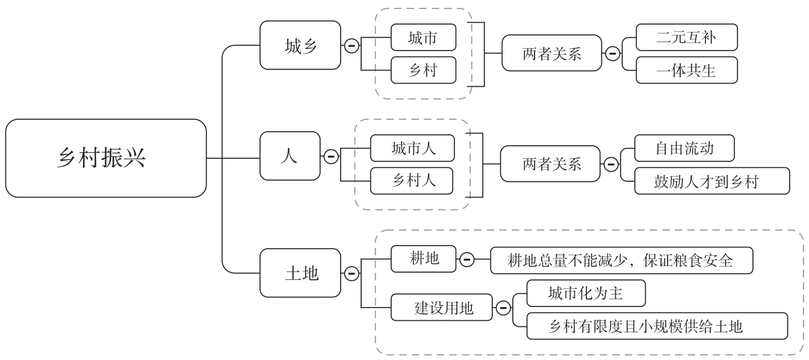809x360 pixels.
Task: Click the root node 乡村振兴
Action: (x=106, y=158)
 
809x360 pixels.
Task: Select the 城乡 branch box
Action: (x=299, y=45)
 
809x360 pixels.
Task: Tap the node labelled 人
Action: (x=290, y=156)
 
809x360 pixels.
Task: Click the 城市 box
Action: (x=423, y=38)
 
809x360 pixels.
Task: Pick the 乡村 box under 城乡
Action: (x=423, y=70)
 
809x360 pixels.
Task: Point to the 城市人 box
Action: (x=412, y=149)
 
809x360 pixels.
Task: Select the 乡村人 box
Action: (x=412, y=181)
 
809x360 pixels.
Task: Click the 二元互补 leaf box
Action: (x=686, y=38)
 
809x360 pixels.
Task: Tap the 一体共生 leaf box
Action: (x=686, y=70)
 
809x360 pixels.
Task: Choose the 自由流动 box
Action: (x=685, y=148)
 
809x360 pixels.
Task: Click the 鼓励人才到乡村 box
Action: (x=712, y=181)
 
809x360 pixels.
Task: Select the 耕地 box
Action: (x=423, y=259)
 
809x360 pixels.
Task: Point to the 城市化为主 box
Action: (x=586, y=294)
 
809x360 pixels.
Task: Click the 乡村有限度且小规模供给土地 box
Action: (x=657, y=326)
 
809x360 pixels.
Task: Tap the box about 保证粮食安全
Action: (x=622, y=260)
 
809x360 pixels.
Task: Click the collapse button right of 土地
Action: (x=350, y=273)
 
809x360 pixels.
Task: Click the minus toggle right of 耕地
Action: (x=466, y=259)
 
